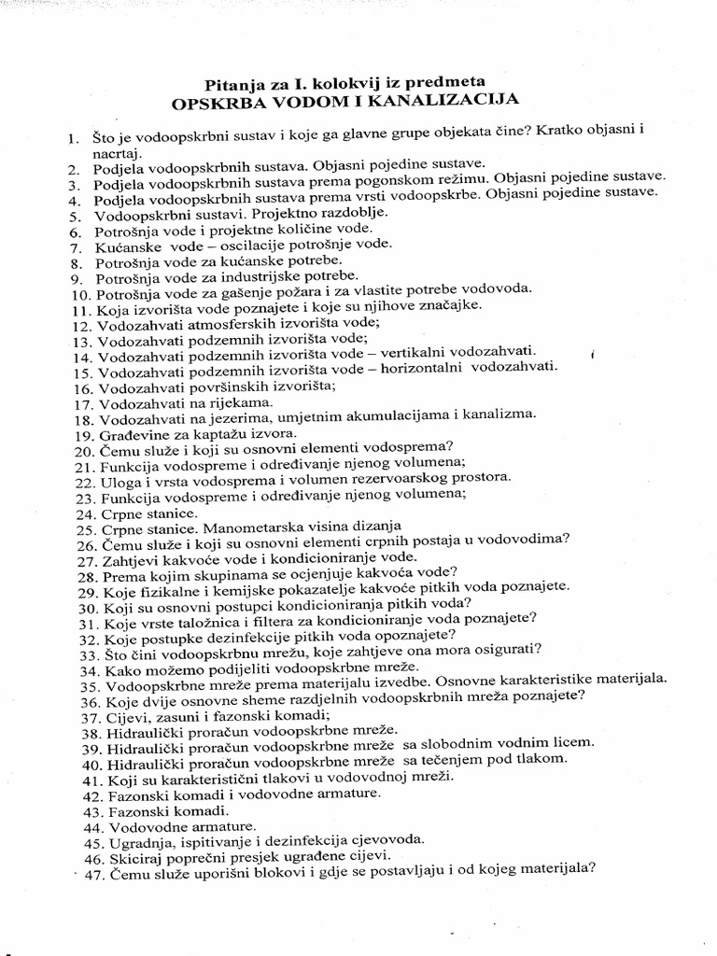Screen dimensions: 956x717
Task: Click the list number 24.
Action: [x=84, y=513]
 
